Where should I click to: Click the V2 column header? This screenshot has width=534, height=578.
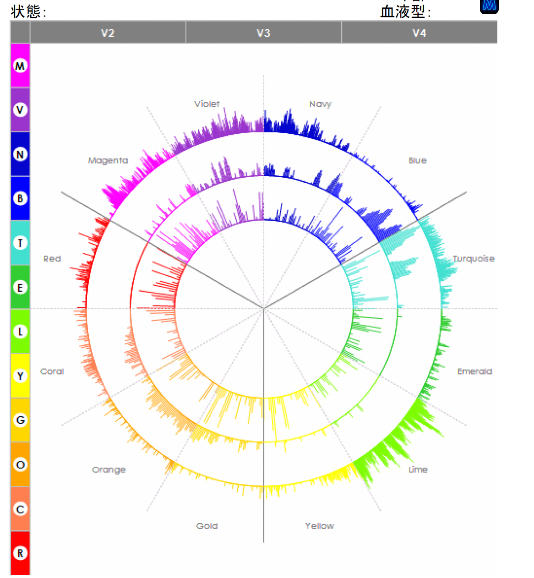click(108, 33)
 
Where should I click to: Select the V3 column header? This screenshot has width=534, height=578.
click(263, 33)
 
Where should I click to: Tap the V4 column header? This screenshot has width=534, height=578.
click(419, 33)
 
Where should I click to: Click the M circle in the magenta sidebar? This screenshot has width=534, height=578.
click(20, 66)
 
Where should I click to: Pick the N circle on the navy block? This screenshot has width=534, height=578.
click(20, 154)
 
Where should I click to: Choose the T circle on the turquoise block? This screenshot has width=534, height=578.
click(20, 243)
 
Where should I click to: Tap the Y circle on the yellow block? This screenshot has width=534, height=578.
click(20, 376)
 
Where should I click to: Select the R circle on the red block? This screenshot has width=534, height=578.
click(20, 553)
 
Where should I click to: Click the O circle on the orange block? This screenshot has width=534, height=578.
click(20, 465)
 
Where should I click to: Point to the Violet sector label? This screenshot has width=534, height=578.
click(207, 104)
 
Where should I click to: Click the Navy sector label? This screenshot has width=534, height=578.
click(320, 104)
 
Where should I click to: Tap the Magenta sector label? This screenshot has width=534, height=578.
click(108, 160)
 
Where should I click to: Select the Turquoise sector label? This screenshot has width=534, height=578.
click(474, 258)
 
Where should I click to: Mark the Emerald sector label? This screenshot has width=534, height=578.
click(475, 371)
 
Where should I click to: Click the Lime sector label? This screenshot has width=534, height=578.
click(418, 469)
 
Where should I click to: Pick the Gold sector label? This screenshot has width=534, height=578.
click(207, 526)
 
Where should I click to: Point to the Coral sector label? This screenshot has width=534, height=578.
click(52, 371)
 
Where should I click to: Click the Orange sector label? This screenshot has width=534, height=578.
click(109, 469)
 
